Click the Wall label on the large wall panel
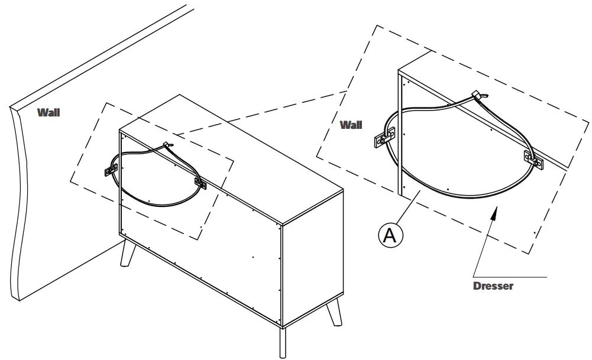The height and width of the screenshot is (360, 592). tap(48, 112)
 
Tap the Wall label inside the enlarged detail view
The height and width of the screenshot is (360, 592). tap(351, 125)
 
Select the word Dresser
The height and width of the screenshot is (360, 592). tap(493, 286)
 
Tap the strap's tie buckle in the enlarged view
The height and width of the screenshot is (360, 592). tap(477, 95)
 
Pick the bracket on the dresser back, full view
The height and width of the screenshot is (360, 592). tap(200, 183)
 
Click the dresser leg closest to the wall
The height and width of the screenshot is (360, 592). tap(127, 254)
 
